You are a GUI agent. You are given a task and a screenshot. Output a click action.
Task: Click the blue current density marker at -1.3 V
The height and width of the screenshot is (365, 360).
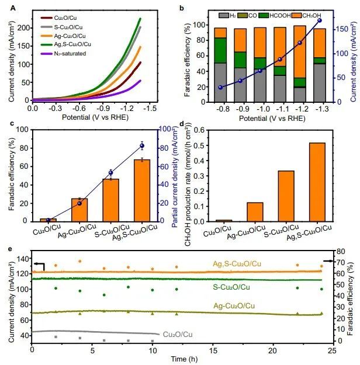click(x=319, y=20)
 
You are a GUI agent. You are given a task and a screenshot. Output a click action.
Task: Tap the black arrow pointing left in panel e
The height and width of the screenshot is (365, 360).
click(x=39, y=265)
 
